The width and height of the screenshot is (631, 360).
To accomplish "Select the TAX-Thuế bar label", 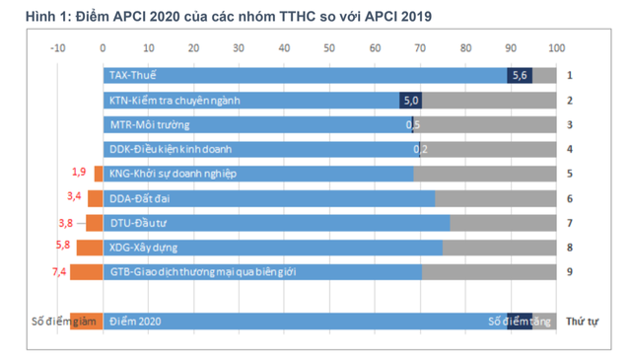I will click(137, 75).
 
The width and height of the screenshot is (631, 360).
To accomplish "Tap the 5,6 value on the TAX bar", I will click(520, 75).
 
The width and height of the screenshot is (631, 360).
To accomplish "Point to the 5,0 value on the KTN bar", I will click(411, 100).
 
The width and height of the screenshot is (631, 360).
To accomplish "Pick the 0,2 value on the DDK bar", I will click(419, 149).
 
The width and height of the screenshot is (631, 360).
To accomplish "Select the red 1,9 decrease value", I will click(79, 172).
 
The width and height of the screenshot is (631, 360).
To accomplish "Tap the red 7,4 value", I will click(58, 270).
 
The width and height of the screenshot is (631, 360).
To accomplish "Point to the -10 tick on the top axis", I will click(58, 47).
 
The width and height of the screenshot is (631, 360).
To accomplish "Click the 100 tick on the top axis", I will click(556, 47).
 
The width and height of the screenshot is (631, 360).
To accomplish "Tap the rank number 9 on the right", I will click(569, 272).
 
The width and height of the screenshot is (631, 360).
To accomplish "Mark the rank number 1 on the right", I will click(569, 75).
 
